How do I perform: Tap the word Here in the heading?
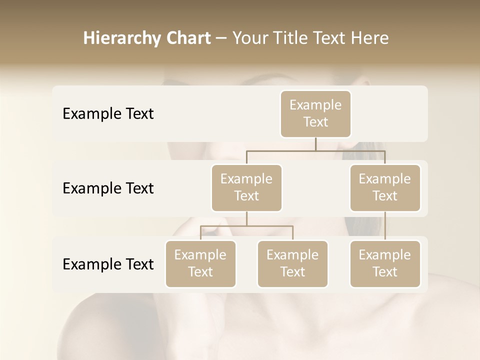(x=369, y=38)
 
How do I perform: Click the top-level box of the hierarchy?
(x=315, y=113)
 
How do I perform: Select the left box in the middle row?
(x=246, y=187)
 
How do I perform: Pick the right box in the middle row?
(x=385, y=187)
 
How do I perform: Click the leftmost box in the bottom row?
(x=200, y=263)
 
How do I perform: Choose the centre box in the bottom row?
(x=292, y=263)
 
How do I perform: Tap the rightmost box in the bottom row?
(x=385, y=263)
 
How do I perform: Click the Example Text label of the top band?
(x=108, y=114)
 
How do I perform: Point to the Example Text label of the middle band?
(x=108, y=188)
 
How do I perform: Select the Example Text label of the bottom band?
(x=108, y=264)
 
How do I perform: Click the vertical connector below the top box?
(x=315, y=144)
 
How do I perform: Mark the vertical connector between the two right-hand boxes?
(x=385, y=226)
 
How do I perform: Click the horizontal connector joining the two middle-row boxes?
(x=315, y=150)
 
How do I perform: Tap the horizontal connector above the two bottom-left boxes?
(x=246, y=226)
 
